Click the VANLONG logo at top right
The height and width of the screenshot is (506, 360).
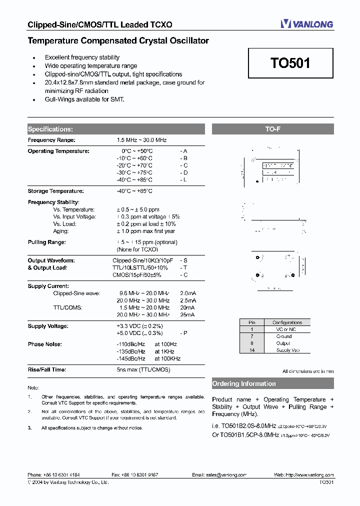coord(306,23)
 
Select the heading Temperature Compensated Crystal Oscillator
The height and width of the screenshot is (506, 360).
coord(118,40)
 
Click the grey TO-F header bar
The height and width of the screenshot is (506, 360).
coord(272,129)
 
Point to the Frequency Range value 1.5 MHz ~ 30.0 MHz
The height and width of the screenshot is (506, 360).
coord(141,140)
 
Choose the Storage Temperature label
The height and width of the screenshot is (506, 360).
coord(55,191)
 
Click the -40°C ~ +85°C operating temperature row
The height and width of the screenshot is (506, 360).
coord(134,179)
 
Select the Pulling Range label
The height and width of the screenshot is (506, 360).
coord(47,242)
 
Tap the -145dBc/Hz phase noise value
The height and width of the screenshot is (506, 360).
coord(130,358)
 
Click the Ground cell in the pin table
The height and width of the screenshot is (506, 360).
coord(283,336)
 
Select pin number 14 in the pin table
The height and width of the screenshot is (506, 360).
coord(252,350)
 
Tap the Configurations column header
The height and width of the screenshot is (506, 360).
coord(287,322)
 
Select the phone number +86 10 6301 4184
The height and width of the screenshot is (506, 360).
coord(61,475)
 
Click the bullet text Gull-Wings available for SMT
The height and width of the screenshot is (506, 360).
coord(84,99)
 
